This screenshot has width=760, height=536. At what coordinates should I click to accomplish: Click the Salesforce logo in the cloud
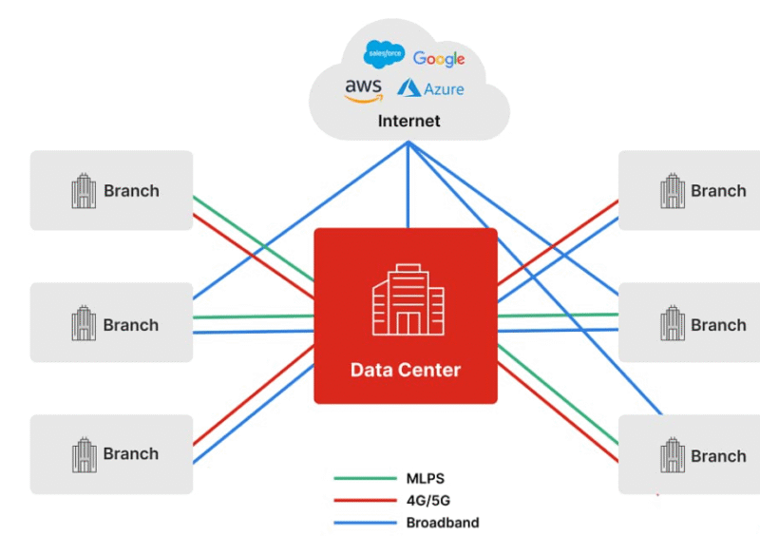coord(385,54)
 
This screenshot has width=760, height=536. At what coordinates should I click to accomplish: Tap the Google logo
coord(439,59)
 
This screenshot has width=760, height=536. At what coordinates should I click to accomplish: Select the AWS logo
coord(363,89)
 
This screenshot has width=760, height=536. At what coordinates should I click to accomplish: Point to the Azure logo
coord(431,88)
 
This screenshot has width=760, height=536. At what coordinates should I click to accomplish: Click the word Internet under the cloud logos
coord(409,121)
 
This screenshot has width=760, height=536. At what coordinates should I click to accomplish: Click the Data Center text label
coord(406,370)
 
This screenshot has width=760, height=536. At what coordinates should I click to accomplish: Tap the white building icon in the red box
coord(407,298)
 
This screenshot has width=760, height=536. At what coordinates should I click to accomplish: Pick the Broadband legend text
coord(443,523)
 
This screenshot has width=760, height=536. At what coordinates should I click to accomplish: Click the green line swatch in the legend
coord(365,479)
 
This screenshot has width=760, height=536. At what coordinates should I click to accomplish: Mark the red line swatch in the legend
coord(365,501)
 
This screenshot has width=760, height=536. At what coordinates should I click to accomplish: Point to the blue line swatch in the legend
coord(365,523)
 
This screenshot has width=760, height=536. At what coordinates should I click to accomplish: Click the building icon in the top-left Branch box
coord(84,191)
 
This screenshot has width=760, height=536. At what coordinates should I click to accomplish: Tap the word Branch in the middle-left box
coord(131,325)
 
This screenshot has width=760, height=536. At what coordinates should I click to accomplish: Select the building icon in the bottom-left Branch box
coord(84,454)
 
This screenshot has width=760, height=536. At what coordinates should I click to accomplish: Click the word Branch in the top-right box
coord(718,191)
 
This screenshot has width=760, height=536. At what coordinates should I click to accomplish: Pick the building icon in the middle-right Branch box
coord(673,325)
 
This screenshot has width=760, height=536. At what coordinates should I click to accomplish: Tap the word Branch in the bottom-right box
coord(718,456)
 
